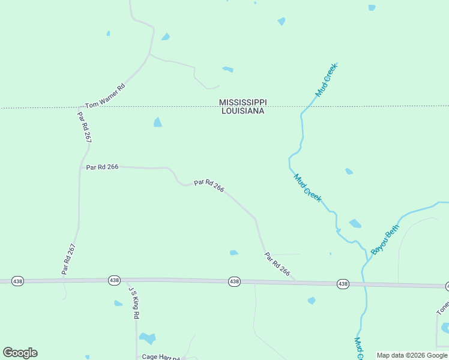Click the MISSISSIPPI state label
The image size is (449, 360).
pyautogui.click(x=243, y=103)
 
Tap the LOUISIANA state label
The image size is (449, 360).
pyautogui.click(x=243, y=111)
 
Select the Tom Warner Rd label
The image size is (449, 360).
pyautogui.click(x=105, y=96)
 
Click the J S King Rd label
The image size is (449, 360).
pyautogui.click(x=134, y=302)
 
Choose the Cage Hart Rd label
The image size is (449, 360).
pyautogui.click(x=160, y=357)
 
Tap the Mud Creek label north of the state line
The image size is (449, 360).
pyautogui.click(x=327, y=80)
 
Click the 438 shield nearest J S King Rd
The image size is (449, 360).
pyautogui.click(x=114, y=280)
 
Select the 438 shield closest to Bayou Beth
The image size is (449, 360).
pyautogui.click(x=343, y=284)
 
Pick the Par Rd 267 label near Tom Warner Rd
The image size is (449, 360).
pyautogui.click(x=85, y=127)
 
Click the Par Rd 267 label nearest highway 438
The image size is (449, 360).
pyautogui.click(x=69, y=259)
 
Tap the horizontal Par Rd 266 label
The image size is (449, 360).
pyautogui.click(x=102, y=167)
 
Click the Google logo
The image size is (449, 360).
pyautogui.click(x=20, y=353)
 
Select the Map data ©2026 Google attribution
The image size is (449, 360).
pyautogui.click(x=412, y=355)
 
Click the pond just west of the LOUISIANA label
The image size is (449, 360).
pyautogui.click(x=158, y=122)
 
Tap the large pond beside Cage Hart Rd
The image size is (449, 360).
pyautogui.click(x=147, y=338)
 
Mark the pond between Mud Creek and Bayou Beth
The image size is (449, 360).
pyautogui.click(x=355, y=224)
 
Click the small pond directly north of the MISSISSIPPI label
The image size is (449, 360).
pyautogui.click(x=228, y=70)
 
